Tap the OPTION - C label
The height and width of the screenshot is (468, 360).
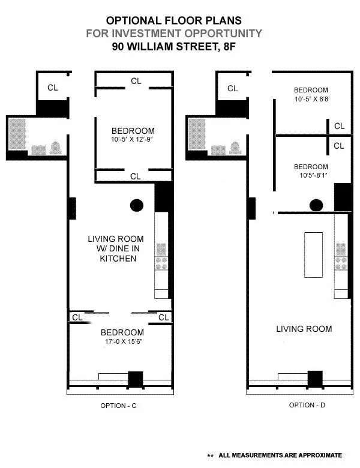[x=119, y=406]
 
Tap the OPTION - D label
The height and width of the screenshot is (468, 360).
[x=307, y=405]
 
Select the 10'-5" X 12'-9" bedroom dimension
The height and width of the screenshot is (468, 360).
[x=133, y=141]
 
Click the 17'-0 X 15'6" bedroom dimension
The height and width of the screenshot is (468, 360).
[x=122, y=343]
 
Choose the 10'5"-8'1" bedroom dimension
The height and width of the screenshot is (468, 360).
[x=310, y=176]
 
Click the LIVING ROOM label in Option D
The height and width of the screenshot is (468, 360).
[x=304, y=329]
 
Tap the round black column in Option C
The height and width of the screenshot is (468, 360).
[x=137, y=205]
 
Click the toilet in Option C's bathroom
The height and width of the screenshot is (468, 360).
[x=56, y=148]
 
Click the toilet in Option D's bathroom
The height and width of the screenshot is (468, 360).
[x=236, y=148]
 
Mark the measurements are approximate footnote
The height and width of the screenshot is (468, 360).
[x=280, y=455]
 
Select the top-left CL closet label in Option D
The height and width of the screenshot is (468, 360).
[x=233, y=88]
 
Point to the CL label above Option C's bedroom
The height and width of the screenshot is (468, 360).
[x=136, y=80]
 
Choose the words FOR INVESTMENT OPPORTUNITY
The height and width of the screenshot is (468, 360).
[x=174, y=34]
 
